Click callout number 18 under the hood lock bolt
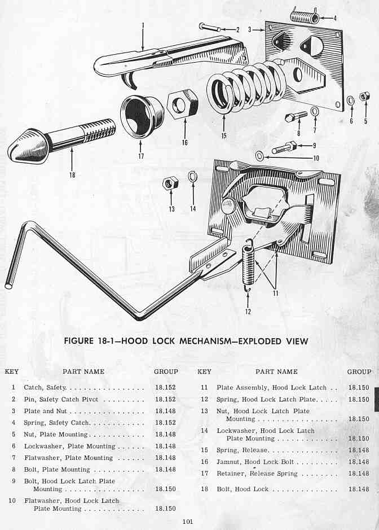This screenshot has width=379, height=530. click(72, 175)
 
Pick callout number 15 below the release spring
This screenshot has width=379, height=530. click(224, 136)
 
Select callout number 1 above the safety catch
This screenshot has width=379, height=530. click(143, 25)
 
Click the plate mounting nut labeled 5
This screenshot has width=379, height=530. click(364, 97)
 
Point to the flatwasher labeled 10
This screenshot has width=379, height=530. click(259, 155)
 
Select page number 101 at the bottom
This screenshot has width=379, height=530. click(188, 522)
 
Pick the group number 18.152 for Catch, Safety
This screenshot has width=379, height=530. click(165, 388)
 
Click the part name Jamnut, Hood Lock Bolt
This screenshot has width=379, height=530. click(252, 462)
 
